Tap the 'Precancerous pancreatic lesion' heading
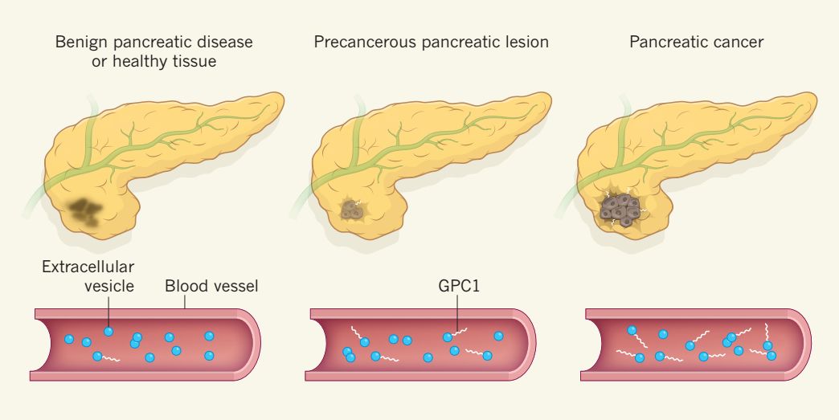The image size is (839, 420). click(431, 41)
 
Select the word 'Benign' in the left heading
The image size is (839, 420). click(78, 41)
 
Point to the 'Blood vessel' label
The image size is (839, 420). click(211, 285)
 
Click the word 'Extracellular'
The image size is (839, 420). click(88, 266)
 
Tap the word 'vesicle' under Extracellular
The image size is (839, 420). click(108, 285)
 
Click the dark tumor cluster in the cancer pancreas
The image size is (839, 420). click(620, 208)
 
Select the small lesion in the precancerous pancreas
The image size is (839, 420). click(352, 210)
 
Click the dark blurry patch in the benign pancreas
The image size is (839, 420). click(85, 210)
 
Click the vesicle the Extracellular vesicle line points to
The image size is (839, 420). click(108, 331)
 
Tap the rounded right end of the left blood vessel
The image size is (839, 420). click(256, 344)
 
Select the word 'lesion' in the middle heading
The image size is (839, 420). click(526, 41)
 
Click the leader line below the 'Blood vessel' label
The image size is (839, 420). click(184, 301)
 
